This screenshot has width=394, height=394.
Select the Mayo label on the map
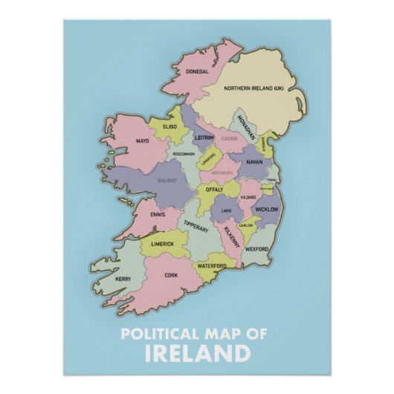click(143, 141)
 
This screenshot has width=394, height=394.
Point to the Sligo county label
click(171, 128)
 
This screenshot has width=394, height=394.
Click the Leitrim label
click(204, 138)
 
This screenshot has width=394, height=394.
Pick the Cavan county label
click(228, 139)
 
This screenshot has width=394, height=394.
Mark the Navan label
click(254, 161)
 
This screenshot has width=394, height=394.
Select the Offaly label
click(214, 190)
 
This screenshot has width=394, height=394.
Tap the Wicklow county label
click(266, 210)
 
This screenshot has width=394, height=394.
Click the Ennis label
click(158, 215)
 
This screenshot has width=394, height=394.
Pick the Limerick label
click(163, 244)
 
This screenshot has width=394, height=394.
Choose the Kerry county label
click(123, 279)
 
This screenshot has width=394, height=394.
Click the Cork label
click(171, 274)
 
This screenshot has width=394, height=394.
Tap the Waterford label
click(212, 265)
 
